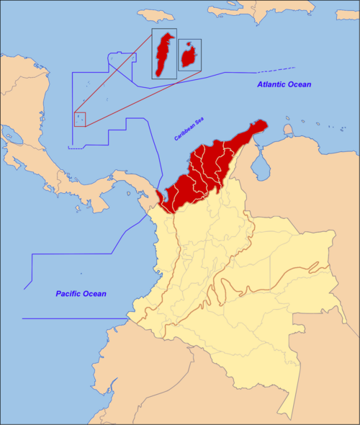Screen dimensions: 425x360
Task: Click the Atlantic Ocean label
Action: click(284, 85)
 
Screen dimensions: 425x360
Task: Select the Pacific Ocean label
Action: click(81, 294)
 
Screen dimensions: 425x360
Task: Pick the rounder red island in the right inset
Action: click(190, 55)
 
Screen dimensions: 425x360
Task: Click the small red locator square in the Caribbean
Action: click(80, 119)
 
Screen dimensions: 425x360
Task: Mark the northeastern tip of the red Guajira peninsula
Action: click(265, 123)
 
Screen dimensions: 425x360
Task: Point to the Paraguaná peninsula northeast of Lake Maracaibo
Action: click(289, 130)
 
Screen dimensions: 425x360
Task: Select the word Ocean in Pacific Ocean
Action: click(94, 294)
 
